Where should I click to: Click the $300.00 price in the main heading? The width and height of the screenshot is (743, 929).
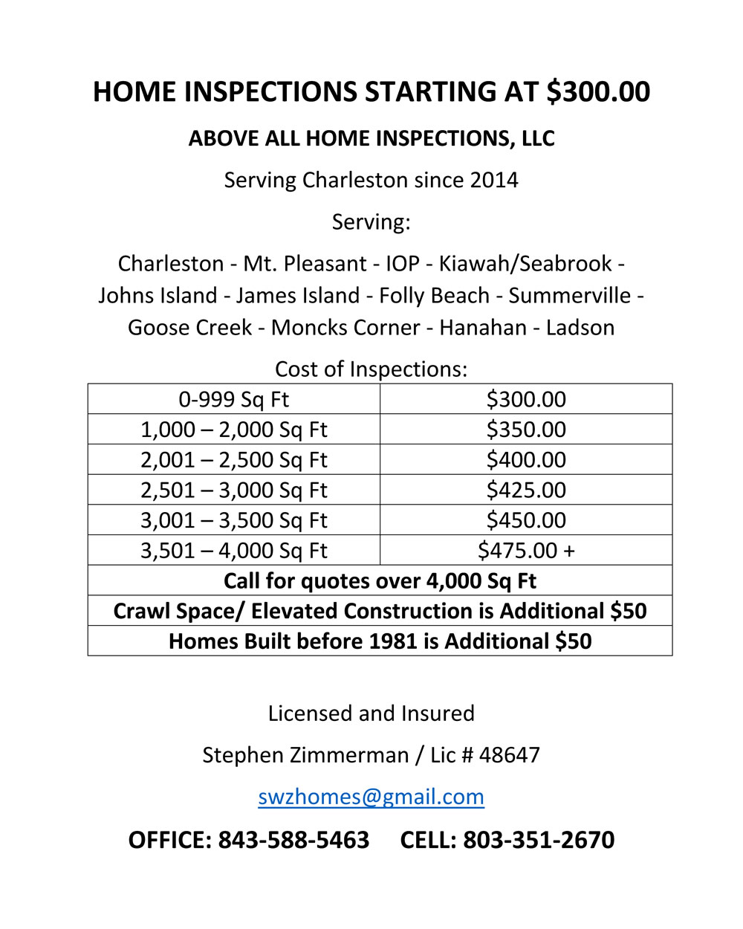[x=598, y=91]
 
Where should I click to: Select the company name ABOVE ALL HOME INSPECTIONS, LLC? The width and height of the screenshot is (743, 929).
[x=371, y=139]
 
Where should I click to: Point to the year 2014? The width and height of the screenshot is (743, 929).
[x=494, y=181]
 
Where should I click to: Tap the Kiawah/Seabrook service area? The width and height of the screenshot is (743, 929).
[x=525, y=264]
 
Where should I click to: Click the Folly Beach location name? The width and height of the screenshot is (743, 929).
[x=434, y=296]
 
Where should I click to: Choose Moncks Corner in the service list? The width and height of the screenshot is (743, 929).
[x=345, y=328]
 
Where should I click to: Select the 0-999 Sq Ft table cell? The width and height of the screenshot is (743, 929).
[x=233, y=400]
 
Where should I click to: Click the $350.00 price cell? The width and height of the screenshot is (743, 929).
[x=526, y=430]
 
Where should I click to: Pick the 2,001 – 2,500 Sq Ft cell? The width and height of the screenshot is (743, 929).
[x=233, y=460]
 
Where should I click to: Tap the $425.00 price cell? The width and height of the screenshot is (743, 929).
[x=526, y=491]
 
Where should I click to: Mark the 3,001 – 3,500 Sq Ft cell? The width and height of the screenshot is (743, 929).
[x=233, y=521]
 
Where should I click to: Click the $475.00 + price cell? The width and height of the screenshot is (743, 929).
[x=526, y=551]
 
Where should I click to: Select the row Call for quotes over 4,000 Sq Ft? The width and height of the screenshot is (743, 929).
[x=380, y=581]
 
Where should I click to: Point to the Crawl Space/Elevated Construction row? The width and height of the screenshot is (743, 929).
[x=380, y=612]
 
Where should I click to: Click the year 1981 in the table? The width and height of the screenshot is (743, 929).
[x=396, y=641]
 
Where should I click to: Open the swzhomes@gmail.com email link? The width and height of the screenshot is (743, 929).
[x=371, y=797]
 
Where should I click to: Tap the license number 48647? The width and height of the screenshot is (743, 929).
[x=509, y=755]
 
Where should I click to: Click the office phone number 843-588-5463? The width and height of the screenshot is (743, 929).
[x=293, y=840]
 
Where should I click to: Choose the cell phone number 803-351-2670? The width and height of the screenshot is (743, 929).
[x=539, y=840]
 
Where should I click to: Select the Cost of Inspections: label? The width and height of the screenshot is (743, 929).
[x=371, y=369]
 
